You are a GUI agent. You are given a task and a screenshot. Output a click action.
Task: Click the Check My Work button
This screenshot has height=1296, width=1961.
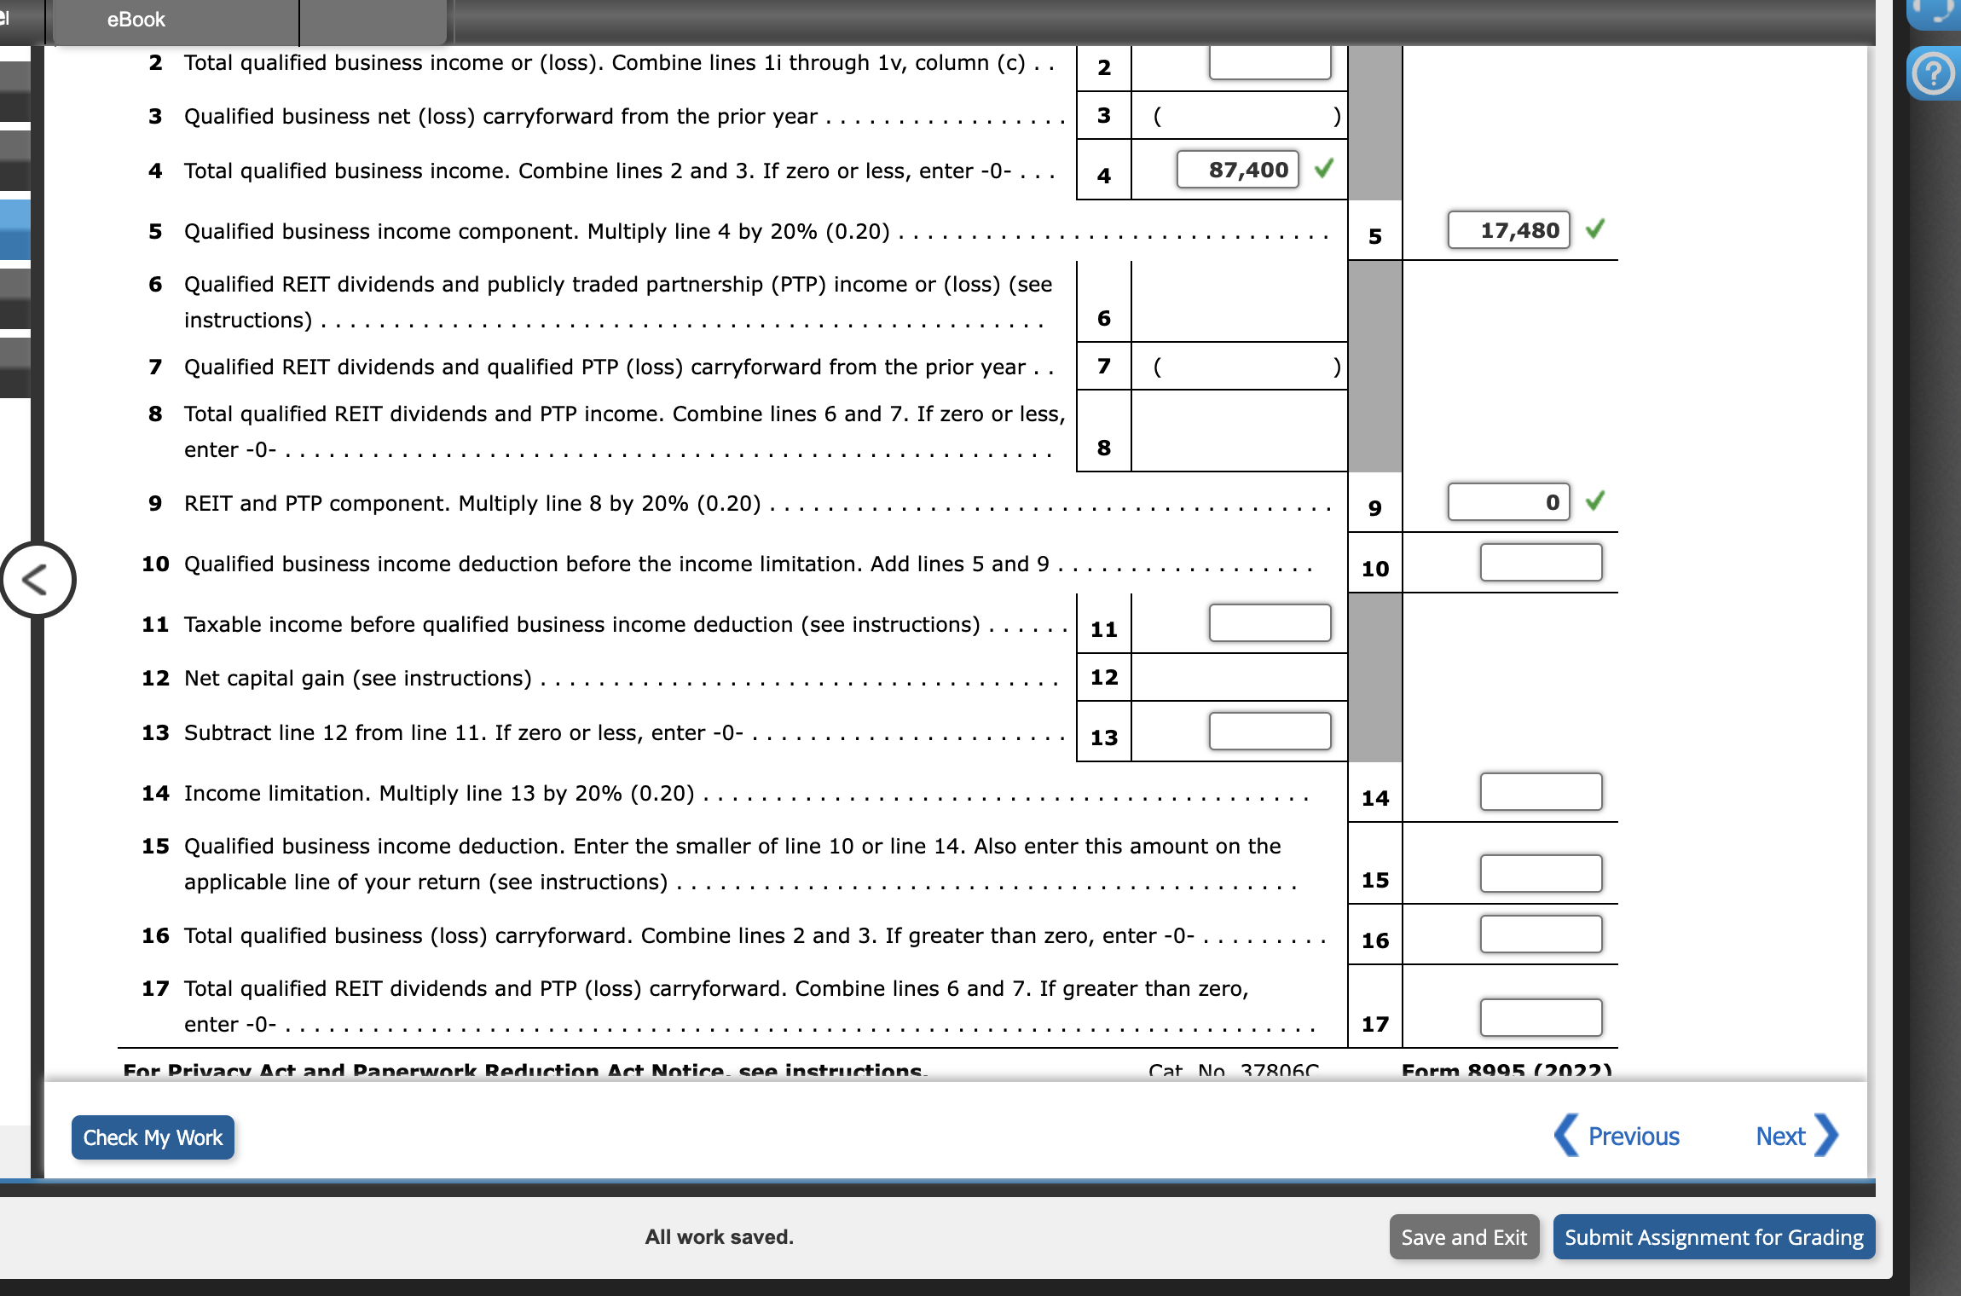tap(153, 1137)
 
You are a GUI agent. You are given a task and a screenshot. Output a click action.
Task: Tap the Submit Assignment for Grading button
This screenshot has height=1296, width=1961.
tap(1714, 1237)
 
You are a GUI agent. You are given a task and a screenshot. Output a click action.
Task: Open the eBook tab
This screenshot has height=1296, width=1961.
tap(136, 20)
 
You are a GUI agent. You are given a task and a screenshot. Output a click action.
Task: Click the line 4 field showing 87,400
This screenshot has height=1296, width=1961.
tap(1237, 170)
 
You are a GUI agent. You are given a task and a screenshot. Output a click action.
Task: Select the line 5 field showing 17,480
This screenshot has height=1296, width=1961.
tap(1508, 230)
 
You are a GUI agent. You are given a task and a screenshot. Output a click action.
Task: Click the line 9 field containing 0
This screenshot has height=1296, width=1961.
tap(1508, 502)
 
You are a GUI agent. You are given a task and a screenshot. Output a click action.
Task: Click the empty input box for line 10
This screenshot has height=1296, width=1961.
tap(1541, 563)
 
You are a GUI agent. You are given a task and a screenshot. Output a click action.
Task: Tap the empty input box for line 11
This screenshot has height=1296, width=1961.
tap(1270, 623)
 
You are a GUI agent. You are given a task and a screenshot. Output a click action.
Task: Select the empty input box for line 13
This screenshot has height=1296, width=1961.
tap(1270, 732)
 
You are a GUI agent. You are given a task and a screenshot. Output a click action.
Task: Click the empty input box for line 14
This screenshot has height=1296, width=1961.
tap(1541, 792)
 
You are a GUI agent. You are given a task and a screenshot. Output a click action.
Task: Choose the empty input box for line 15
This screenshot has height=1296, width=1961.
tap(1541, 874)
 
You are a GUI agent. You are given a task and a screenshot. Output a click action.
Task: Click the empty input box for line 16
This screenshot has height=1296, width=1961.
tap(1541, 934)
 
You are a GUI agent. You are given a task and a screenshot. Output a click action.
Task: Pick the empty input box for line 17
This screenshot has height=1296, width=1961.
tap(1541, 1018)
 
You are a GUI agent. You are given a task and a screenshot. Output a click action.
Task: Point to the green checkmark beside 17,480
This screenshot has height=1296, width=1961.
tap(1595, 229)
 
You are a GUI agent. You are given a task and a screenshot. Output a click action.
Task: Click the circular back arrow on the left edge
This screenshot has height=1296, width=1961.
tap(37, 580)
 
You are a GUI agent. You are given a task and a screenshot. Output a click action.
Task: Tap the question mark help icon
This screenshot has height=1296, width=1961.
tap(1933, 74)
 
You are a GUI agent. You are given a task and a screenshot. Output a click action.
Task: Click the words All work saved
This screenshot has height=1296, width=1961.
tap(719, 1237)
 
